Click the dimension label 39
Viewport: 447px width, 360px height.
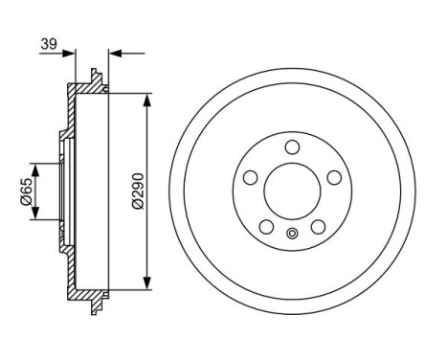[49, 43]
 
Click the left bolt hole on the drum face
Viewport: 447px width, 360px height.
[251, 178]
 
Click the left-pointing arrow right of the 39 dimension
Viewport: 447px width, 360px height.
[114, 55]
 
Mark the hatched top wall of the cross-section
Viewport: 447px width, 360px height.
[86, 89]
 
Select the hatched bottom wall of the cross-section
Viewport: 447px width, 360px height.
[86, 290]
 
